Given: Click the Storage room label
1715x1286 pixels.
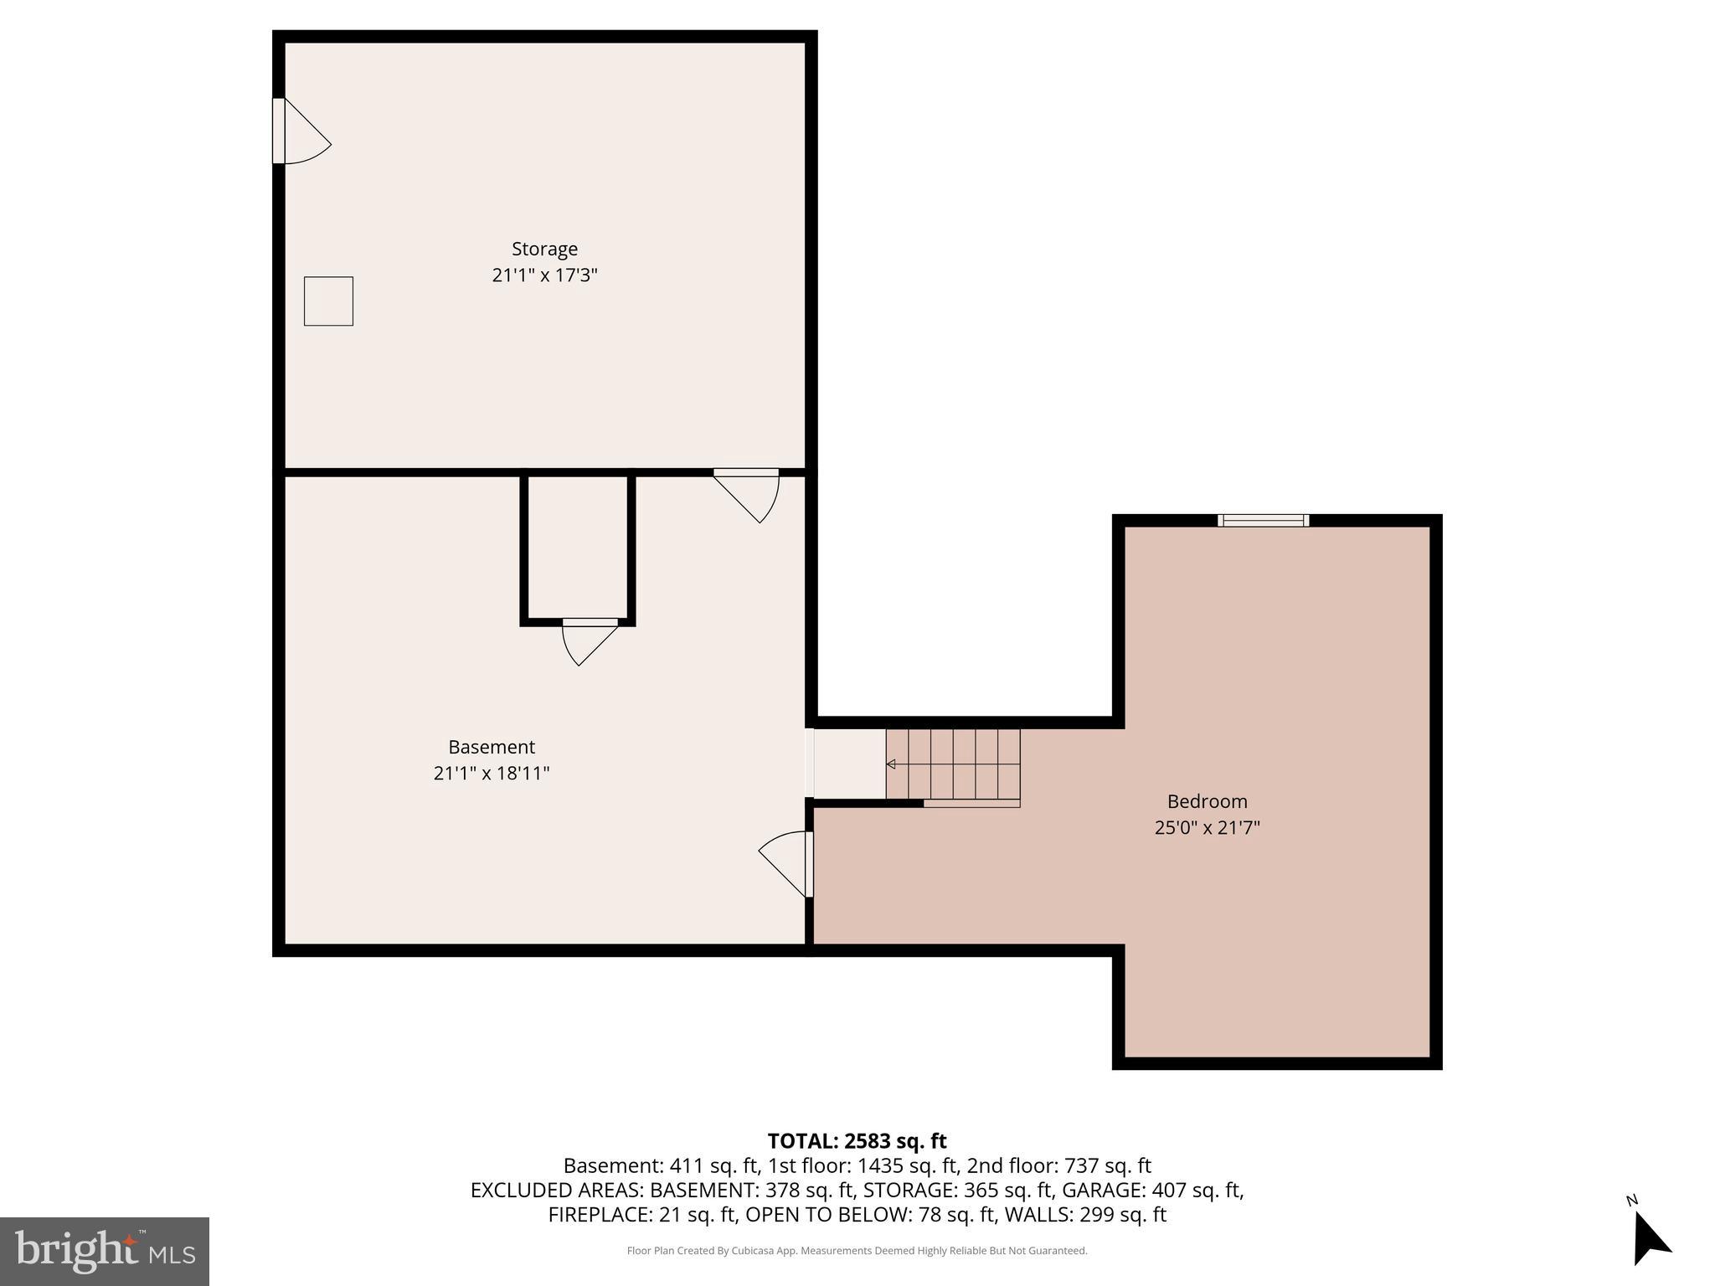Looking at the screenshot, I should click(x=544, y=249).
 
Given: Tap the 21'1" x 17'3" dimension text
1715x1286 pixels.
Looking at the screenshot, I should click(x=544, y=275).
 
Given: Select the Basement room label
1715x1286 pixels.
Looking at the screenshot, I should click(x=492, y=747).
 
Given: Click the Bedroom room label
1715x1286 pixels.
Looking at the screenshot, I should click(x=1207, y=801).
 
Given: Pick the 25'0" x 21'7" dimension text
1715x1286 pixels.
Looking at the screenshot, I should click(x=1207, y=828).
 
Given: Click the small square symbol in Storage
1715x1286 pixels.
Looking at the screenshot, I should click(x=328, y=301).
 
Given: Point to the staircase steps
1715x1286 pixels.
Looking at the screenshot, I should click(x=955, y=764).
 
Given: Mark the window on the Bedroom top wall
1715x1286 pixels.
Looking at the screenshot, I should click(x=1263, y=520).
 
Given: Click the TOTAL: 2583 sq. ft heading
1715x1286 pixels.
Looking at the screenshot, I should click(x=857, y=1141).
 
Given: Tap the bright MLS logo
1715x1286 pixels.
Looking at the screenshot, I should click(x=105, y=1251).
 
